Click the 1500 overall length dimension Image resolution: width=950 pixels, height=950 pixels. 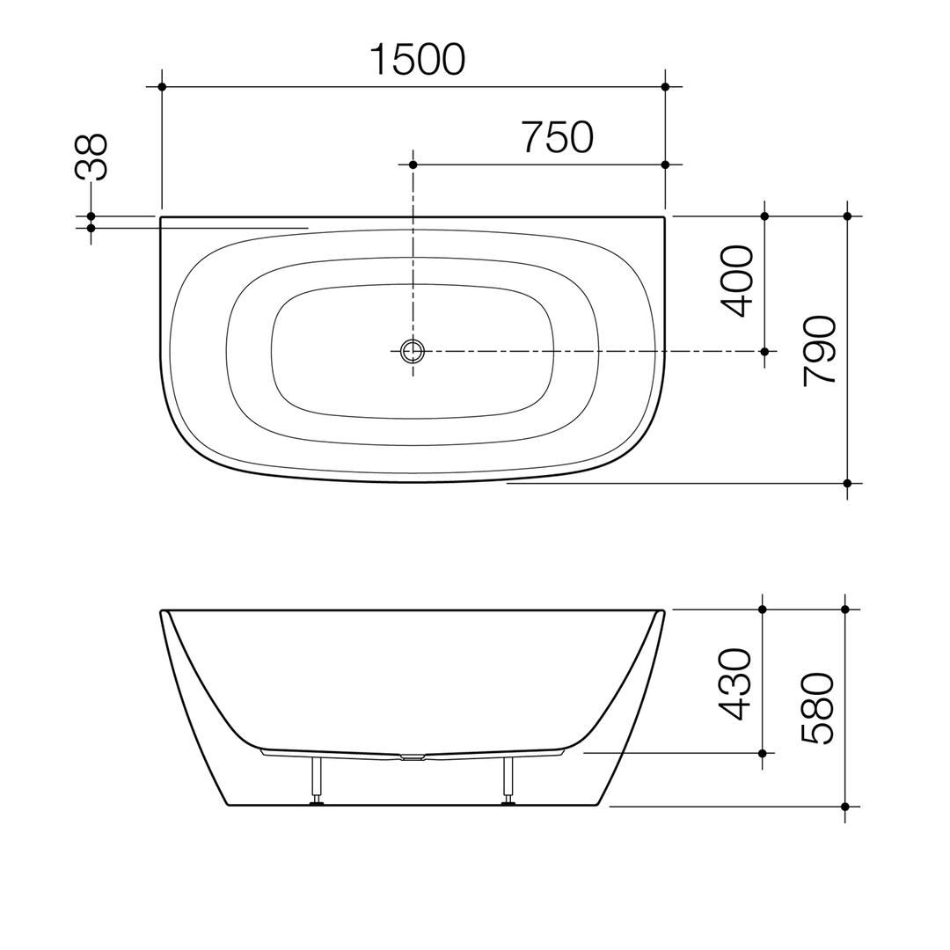[417, 60]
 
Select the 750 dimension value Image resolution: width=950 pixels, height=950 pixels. [558, 137]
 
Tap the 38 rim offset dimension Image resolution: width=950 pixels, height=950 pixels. [91, 157]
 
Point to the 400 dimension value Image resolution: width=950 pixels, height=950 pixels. [737, 281]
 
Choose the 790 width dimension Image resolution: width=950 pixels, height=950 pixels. [820, 349]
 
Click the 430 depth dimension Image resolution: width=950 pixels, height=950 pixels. [735, 684]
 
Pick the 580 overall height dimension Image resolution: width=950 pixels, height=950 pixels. [818, 708]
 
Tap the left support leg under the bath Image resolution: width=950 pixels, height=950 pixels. [316, 779]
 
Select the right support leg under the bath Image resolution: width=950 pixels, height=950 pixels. [508, 779]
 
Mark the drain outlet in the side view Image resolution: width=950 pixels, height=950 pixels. [412, 756]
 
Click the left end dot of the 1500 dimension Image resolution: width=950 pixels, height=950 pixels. [162, 86]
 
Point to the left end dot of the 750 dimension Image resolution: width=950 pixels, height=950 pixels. [413, 164]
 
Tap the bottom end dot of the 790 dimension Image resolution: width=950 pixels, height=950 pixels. [847, 483]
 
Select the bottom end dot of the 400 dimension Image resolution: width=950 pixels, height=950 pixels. [764, 351]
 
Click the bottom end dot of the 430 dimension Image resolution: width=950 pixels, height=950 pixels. [762, 753]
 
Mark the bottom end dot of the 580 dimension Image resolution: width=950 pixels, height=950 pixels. [845, 806]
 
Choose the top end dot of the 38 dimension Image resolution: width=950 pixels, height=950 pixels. [91, 216]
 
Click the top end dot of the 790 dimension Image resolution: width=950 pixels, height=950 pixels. [847, 216]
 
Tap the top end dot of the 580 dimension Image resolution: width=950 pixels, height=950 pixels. [845, 609]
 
